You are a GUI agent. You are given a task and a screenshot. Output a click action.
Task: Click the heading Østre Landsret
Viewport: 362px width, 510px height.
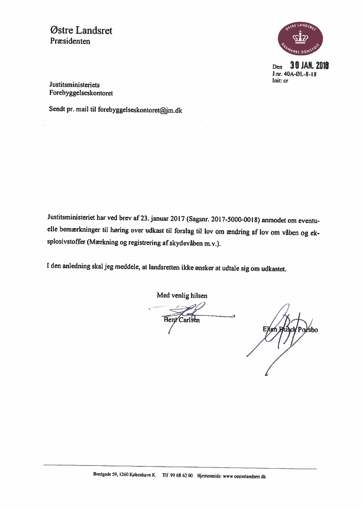[x=81, y=31]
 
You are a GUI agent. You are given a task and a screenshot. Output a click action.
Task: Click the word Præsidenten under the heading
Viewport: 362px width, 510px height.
[x=70, y=41]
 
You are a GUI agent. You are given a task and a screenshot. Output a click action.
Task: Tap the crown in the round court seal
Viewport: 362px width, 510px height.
[x=300, y=38]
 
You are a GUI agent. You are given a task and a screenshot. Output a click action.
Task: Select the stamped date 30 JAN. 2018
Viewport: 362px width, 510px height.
[x=309, y=66]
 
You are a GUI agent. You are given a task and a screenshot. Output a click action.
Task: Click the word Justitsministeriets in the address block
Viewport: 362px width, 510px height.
[x=74, y=85]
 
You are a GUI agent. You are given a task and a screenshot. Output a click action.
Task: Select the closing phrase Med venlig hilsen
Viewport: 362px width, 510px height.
[x=182, y=295]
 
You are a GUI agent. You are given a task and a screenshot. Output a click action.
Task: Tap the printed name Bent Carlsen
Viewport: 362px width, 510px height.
[x=181, y=320]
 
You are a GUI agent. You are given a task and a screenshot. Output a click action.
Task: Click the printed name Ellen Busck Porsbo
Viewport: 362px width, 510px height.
[x=290, y=329]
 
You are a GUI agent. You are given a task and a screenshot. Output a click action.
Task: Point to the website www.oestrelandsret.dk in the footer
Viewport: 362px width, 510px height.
[x=244, y=476]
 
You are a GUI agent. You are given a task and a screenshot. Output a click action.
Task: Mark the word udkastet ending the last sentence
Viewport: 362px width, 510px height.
[x=274, y=269]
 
